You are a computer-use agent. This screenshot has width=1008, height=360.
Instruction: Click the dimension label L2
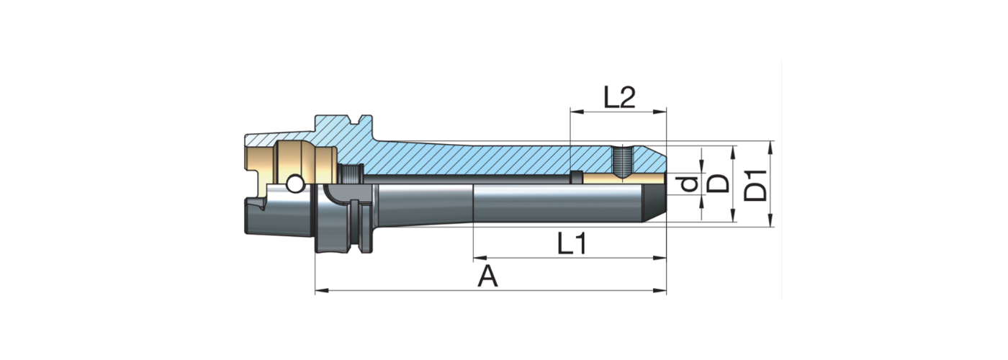tap(618, 97)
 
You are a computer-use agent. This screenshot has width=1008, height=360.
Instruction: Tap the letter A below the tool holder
tap(488, 276)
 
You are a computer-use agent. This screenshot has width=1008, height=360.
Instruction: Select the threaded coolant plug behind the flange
tap(351, 175)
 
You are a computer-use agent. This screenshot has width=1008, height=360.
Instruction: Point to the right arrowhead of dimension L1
tap(662, 257)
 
